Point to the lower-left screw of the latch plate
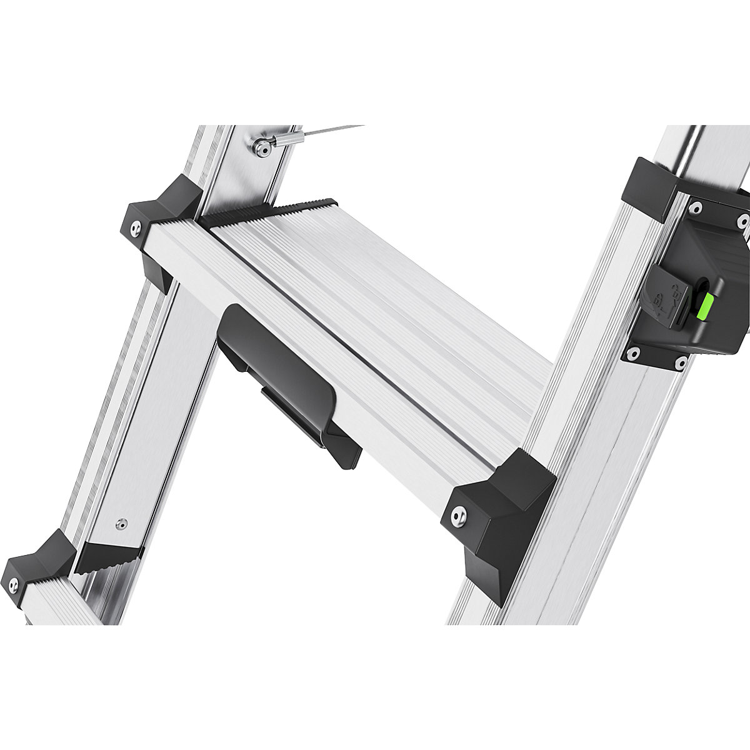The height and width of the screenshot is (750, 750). tap(632, 354)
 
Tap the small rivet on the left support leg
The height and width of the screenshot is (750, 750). tap(123, 522)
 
